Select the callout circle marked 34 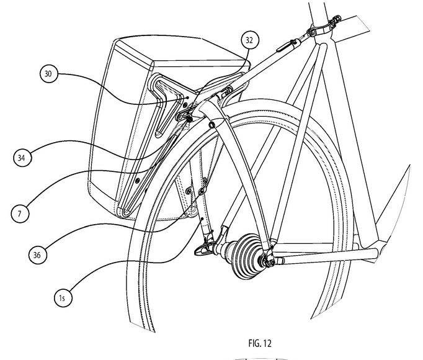(x=22, y=158)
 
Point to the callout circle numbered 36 (x=38, y=253)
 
